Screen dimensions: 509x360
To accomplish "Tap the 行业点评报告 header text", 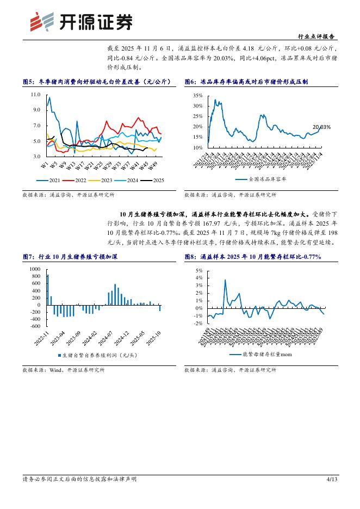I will coord(318,36).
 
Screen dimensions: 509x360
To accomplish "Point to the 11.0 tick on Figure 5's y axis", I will coord(36,95).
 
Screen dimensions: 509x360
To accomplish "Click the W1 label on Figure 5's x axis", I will coord(45,163).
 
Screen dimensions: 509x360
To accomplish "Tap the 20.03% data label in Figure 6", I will coord(321,127).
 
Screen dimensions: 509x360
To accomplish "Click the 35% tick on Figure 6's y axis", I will coord(197,95).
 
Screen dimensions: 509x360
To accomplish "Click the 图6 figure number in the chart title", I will coord(190,82).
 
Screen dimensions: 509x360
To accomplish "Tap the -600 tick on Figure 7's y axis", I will coord(35,326).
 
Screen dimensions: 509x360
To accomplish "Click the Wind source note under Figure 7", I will coord(64,370).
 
